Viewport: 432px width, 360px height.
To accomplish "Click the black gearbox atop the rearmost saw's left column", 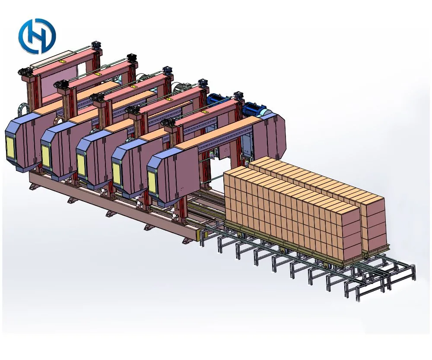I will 27,71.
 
